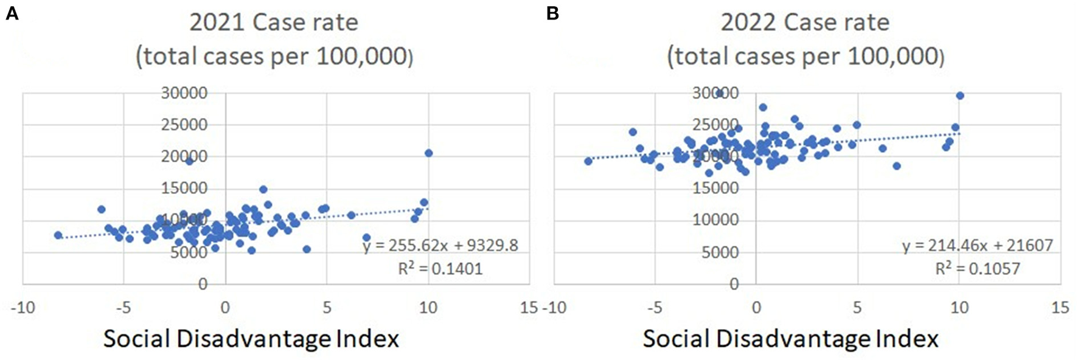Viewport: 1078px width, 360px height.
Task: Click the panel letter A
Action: (x=12, y=13)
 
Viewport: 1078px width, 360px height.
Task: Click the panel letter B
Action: (x=552, y=13)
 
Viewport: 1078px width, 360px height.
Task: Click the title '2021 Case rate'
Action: (x=273, y=22)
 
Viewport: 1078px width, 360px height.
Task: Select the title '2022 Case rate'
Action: (x=805, y=22)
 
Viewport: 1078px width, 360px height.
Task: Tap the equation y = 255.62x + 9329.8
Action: (x=440, y=245)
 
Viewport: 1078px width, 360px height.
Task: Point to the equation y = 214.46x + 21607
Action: (x=977, y=245)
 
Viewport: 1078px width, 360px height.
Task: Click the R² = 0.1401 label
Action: (x=440, y=268)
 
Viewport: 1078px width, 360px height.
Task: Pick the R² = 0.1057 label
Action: (x=977, y=268)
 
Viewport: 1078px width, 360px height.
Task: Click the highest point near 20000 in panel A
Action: (x=428, y=153)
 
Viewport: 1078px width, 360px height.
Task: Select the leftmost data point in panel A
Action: (x=58, y=235)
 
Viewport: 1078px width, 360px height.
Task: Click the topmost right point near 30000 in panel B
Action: (x=960, y=95)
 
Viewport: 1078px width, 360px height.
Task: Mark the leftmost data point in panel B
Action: (x=588, y=161)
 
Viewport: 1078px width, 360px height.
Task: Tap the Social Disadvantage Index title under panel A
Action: (x=251, y=339)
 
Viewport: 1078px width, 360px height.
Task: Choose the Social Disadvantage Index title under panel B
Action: (x=790, y=339)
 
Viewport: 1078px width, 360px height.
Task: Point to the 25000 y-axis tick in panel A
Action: (x=184, y=125)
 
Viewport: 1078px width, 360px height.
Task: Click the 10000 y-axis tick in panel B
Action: (x=715, y=220)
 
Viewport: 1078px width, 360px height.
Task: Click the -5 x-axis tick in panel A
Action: (x=123, y=308)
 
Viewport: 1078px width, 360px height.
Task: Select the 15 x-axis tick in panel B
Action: (x=1060, y=308)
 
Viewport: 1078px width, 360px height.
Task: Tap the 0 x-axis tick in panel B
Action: (x=756, y=308)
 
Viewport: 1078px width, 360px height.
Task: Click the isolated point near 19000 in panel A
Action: (x=189, y=161)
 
